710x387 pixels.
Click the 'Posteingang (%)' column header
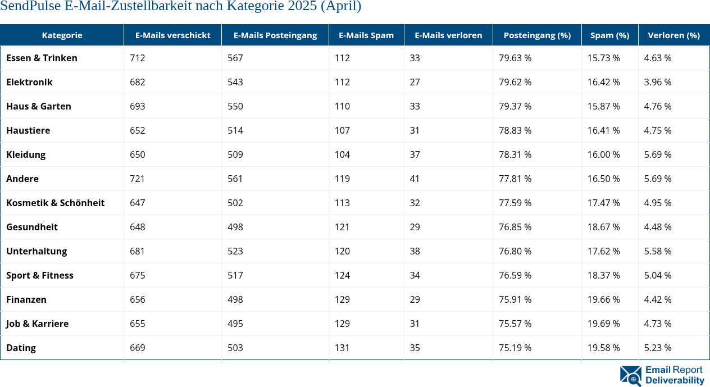point(537,35)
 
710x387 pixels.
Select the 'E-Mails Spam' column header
point(366,35)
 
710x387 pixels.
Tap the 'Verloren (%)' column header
point(673,35)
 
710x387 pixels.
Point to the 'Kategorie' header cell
point(62,35)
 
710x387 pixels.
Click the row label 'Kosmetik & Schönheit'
point(55,203)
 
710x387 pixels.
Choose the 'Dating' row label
point(21,348)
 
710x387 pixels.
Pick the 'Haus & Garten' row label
point(38,106)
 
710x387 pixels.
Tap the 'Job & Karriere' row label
point(37,324)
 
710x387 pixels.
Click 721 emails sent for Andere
point(137,179)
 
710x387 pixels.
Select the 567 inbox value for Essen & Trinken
point(235,58)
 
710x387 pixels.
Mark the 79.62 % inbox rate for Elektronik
point(515,82)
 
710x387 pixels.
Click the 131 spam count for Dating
point(342,348)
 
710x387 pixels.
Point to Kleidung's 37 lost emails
point(415,154)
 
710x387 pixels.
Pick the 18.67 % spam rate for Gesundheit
point(603,227)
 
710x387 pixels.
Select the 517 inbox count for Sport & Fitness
point(235,275)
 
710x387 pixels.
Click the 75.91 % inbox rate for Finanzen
point(515,299)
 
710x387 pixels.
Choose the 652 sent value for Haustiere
point(137,130)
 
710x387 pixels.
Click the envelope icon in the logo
point(630,376)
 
